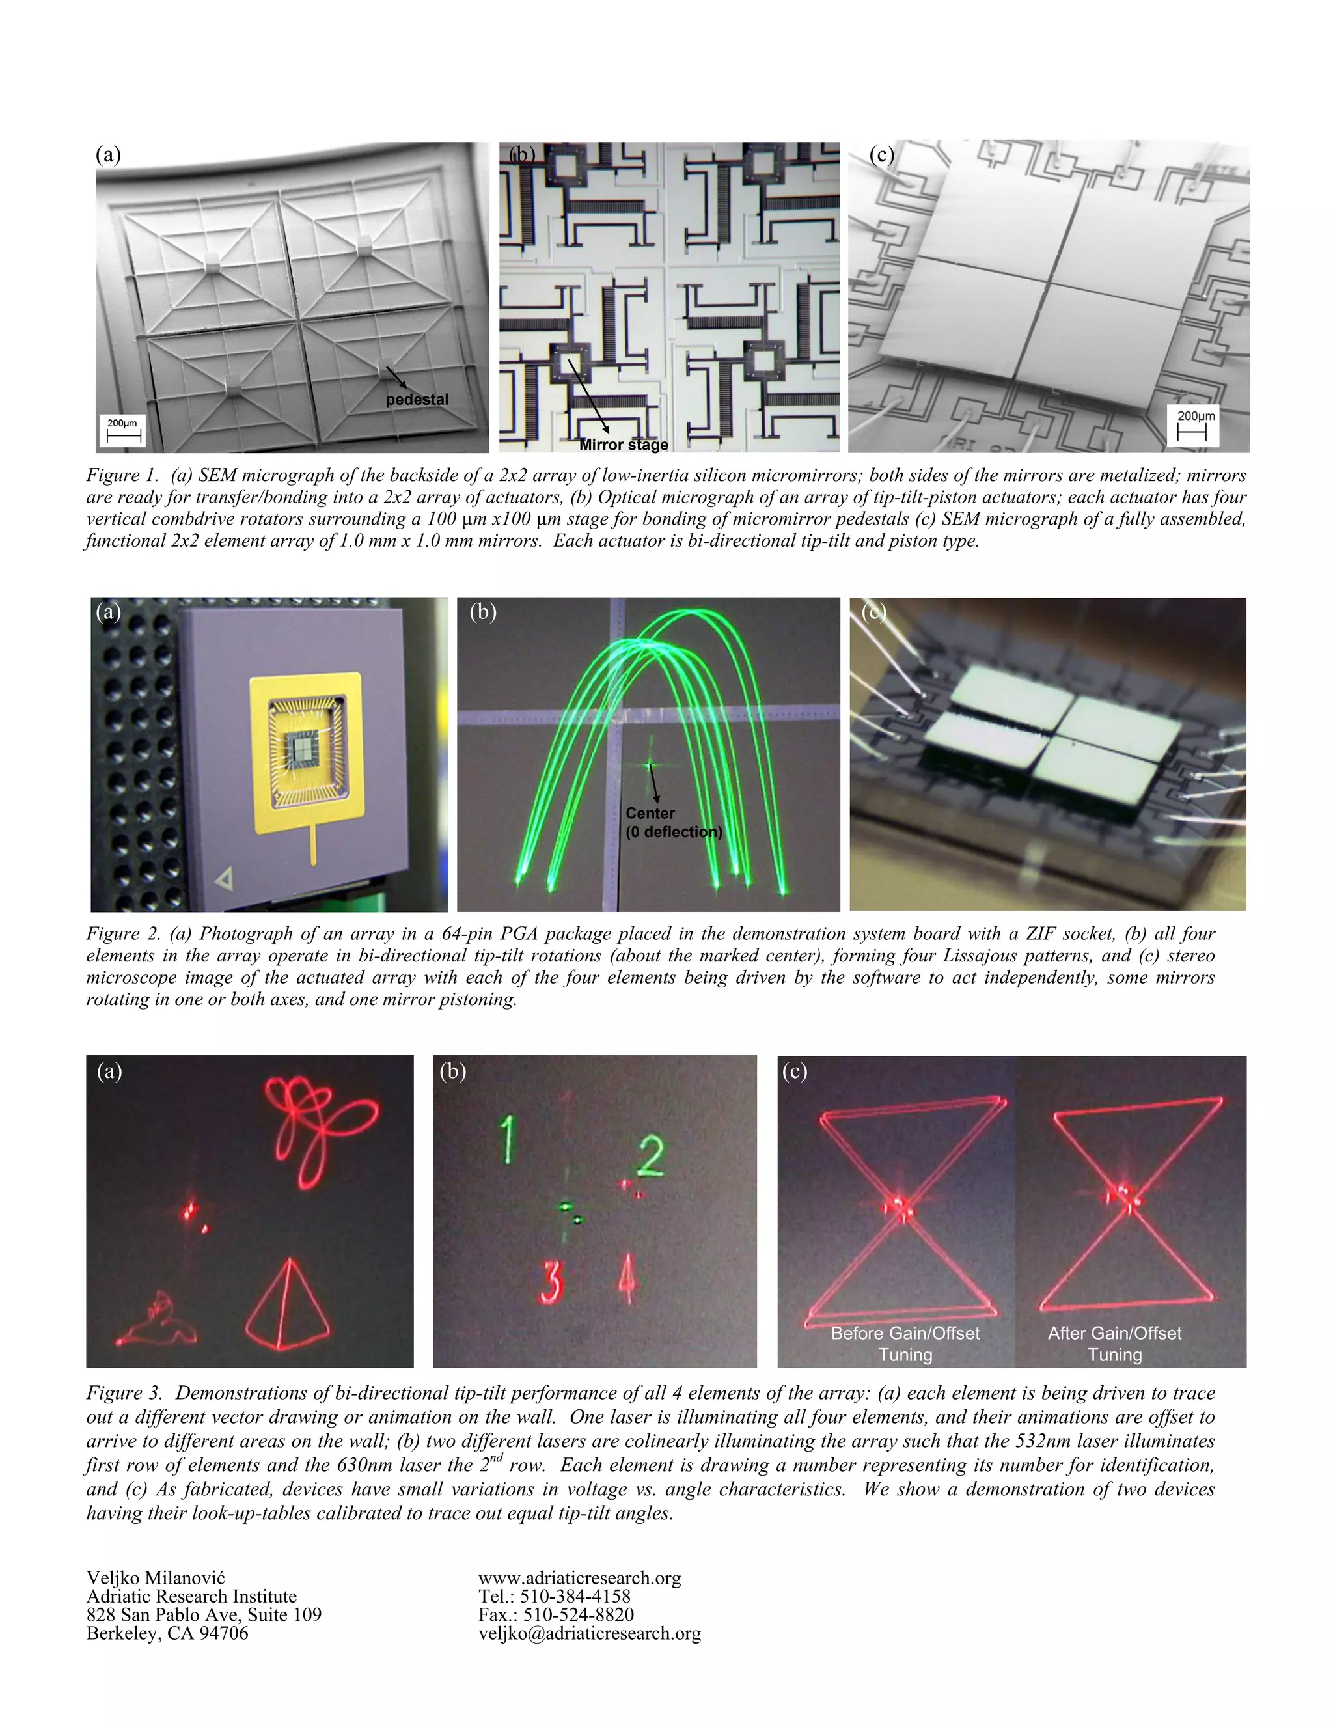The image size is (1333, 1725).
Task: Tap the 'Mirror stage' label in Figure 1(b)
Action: tap(623, 445)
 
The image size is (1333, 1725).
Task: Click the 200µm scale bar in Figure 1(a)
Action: tap(122, 430)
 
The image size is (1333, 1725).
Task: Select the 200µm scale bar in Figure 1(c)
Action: tap(1193, 425)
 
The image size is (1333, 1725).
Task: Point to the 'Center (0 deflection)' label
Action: tap(673, 822)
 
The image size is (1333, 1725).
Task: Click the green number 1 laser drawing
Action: tap(508, 1138)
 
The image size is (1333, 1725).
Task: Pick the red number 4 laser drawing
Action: tap(626, 1278)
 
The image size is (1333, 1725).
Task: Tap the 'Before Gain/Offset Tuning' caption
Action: tap(905, 1344)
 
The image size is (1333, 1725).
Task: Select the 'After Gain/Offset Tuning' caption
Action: tap(1114, 1344)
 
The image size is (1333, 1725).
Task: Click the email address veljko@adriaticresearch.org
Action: tap(589, 1633)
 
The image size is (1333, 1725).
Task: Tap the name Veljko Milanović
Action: tap(156, 1578)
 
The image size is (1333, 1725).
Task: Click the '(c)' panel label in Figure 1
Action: tap(881, 155)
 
